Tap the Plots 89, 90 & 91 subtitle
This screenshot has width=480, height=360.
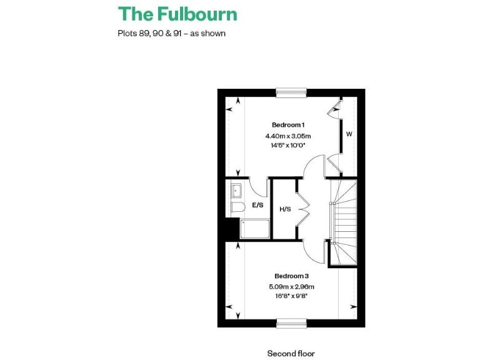click(x=171, y=33)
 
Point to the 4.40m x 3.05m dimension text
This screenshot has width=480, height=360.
click(x=288, y=136)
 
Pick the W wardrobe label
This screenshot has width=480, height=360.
click(x=349, y=134)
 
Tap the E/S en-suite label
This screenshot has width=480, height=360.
click(x=257, y=204)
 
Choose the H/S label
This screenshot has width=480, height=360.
click(x=285, y=209)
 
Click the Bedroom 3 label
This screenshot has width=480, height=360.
click(x=291, y=276)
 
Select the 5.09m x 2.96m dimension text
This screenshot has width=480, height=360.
click(x=292, y=287)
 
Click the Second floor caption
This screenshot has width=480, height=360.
click(x=291, y=353)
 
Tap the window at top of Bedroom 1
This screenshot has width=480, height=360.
click(x=291, y=92)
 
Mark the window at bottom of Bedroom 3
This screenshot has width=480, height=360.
click(x=292, y=323)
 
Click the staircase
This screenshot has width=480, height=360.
click(x=342, y=222)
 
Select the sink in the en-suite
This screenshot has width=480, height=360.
click(x=236, y=189)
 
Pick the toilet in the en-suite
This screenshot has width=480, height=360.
click(x=237, y=207)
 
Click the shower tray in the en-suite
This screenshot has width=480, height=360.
click(x=254, y=229)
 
